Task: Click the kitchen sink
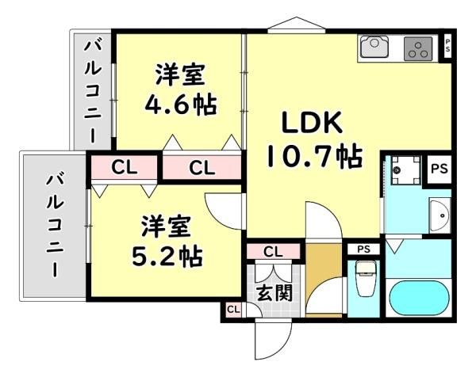click(374, 47)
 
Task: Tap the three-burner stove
click(418, 48)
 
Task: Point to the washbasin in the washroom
click(440, 215)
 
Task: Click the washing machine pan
click(405, 170)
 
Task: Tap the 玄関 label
click(274, 292)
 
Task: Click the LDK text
click(312, 123)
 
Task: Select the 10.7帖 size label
click(314, 157)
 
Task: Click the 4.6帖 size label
click(180, 105)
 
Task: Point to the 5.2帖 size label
click(167, 256)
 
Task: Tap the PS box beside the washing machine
click(440, 169)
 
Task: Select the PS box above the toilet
click(363, 249)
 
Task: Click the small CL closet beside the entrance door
click(233, 310)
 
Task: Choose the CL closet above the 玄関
click(273, 252)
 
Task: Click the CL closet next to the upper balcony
click(125, 166)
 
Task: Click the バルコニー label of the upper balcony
click(93, 92)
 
